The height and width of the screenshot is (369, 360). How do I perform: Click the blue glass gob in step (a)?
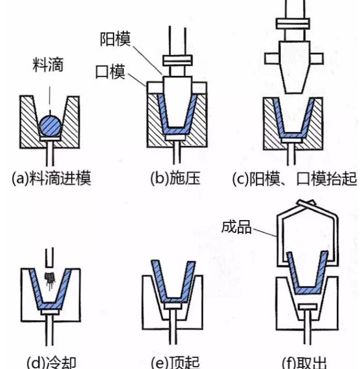pos(51,125)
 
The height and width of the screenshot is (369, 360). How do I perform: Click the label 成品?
pos(237,226)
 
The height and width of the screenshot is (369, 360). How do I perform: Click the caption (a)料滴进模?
pos(52,177)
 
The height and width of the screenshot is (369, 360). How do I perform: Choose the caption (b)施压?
pos(175,177)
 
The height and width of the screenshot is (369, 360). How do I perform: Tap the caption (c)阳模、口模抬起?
pos(294,178)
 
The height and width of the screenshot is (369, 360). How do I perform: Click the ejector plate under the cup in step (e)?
pos(174,304)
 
